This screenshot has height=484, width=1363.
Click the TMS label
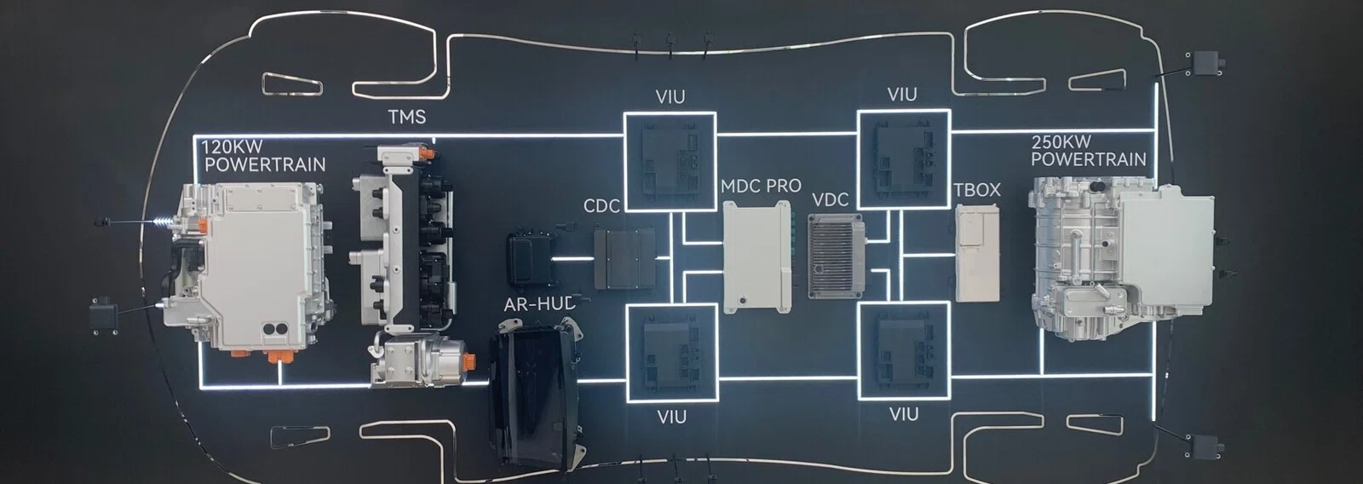tap(407, 116)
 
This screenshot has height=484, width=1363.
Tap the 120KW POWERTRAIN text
tap(263, 156)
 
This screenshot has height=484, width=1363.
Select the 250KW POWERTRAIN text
tap(1089, 151)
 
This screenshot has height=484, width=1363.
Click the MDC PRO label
tap(762, 186)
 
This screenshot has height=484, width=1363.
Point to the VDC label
tap(831, 200)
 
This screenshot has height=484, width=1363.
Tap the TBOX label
tap(977, 190)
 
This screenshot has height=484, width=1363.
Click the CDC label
tap(601, 206)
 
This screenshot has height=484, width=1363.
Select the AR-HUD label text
tap(540, 304)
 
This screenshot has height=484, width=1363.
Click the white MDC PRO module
tap(757, 257)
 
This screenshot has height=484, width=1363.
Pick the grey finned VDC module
tap(837, 256)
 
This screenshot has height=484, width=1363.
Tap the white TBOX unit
tap(977, 254)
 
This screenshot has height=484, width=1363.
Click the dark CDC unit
tap(625, 258)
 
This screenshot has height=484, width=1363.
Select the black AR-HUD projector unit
tap(537, 395)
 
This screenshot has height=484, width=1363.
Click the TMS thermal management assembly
tap(408, 265)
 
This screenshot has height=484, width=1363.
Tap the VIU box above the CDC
tap(670, 161)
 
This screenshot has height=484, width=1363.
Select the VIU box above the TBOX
tap(904, 158)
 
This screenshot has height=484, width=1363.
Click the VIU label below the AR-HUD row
tap(672, 418)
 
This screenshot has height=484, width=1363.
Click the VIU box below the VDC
tap(904, 351)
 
